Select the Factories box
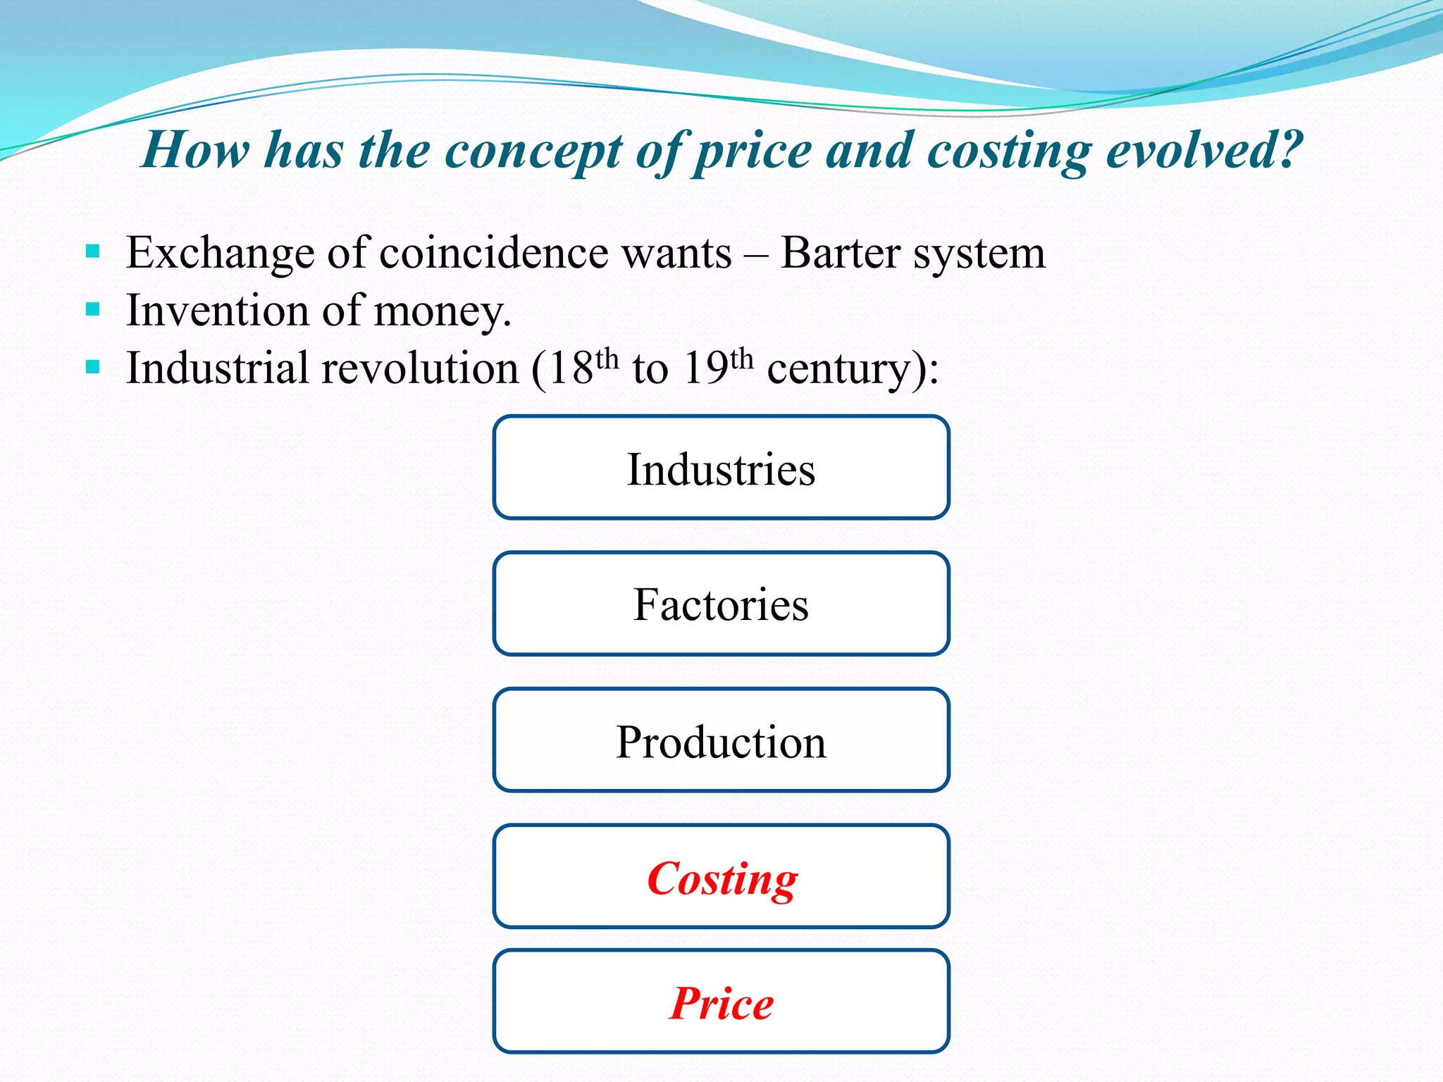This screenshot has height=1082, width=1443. point(721,604)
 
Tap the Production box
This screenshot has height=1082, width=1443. point(721,741)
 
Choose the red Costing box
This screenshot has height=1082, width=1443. point(721,878)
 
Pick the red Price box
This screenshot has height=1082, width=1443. point(721,1002)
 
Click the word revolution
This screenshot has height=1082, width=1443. point(420,368)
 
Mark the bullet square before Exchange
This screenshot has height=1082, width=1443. point(92,251)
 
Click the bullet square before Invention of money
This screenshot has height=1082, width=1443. point(92,309)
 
